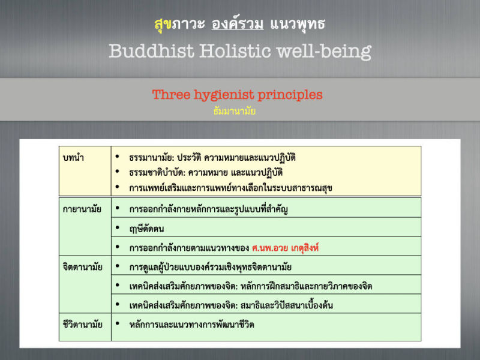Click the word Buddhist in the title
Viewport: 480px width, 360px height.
152,50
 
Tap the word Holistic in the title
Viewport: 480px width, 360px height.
235,50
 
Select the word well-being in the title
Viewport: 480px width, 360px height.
324,52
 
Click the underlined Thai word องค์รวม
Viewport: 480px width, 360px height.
238,23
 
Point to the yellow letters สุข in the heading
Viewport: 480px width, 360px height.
163,24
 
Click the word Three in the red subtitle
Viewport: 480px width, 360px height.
171,95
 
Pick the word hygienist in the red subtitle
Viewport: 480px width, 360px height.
224,95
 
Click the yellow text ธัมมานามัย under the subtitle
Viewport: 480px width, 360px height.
234,111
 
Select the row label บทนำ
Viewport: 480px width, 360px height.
73,158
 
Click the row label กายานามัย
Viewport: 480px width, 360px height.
82,209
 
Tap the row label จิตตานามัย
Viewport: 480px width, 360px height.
82,267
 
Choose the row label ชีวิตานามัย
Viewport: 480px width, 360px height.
82,324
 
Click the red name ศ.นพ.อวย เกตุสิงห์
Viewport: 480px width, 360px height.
286,247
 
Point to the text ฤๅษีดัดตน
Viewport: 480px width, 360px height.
146,229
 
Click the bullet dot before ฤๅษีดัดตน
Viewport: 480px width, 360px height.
117,228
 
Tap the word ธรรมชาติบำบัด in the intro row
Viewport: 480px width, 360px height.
157,173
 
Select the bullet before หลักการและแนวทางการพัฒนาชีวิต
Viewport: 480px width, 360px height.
117,323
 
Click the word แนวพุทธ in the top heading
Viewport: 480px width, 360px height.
298,24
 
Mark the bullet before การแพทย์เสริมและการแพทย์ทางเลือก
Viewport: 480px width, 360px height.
117,187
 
